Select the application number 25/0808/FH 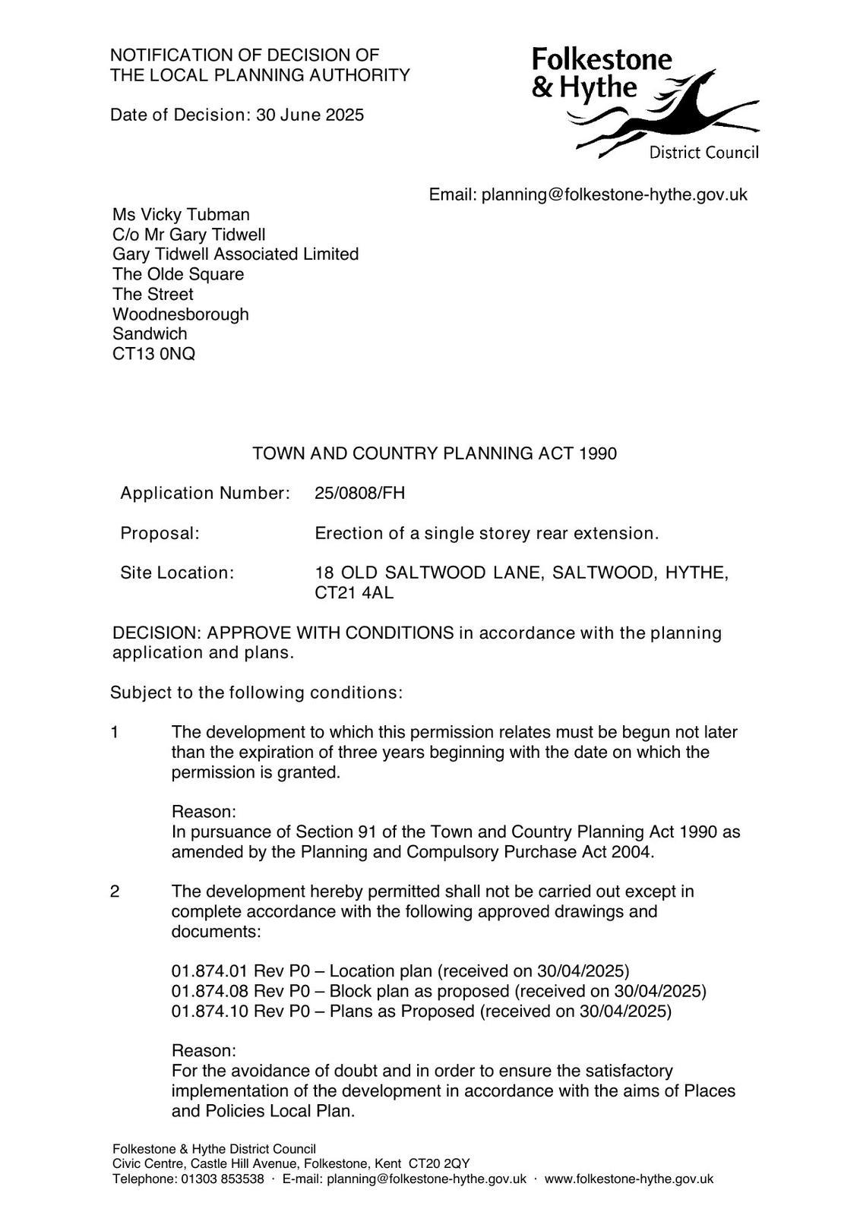[x=360, y=494]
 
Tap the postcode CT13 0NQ [x=153, y=354]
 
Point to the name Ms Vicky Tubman [x=181, y=215]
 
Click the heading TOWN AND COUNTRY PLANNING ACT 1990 [x=435, y=453]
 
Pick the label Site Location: [x=177, y=573]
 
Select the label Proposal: [x=160, y=533]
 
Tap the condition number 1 [x=115, y=732]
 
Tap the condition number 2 [x=115, y=891]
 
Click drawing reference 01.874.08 [x=210, y=991]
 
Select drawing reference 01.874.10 [x=210, y=1011]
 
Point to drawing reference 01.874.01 [x=210, y=971]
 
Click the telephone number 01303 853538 [x=222, y=1179]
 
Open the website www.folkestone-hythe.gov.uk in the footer [x=629, y=1179]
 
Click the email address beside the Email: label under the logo [x=615, y=194]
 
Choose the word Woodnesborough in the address [x=181, y=314]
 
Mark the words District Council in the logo [x=703, y=153]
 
